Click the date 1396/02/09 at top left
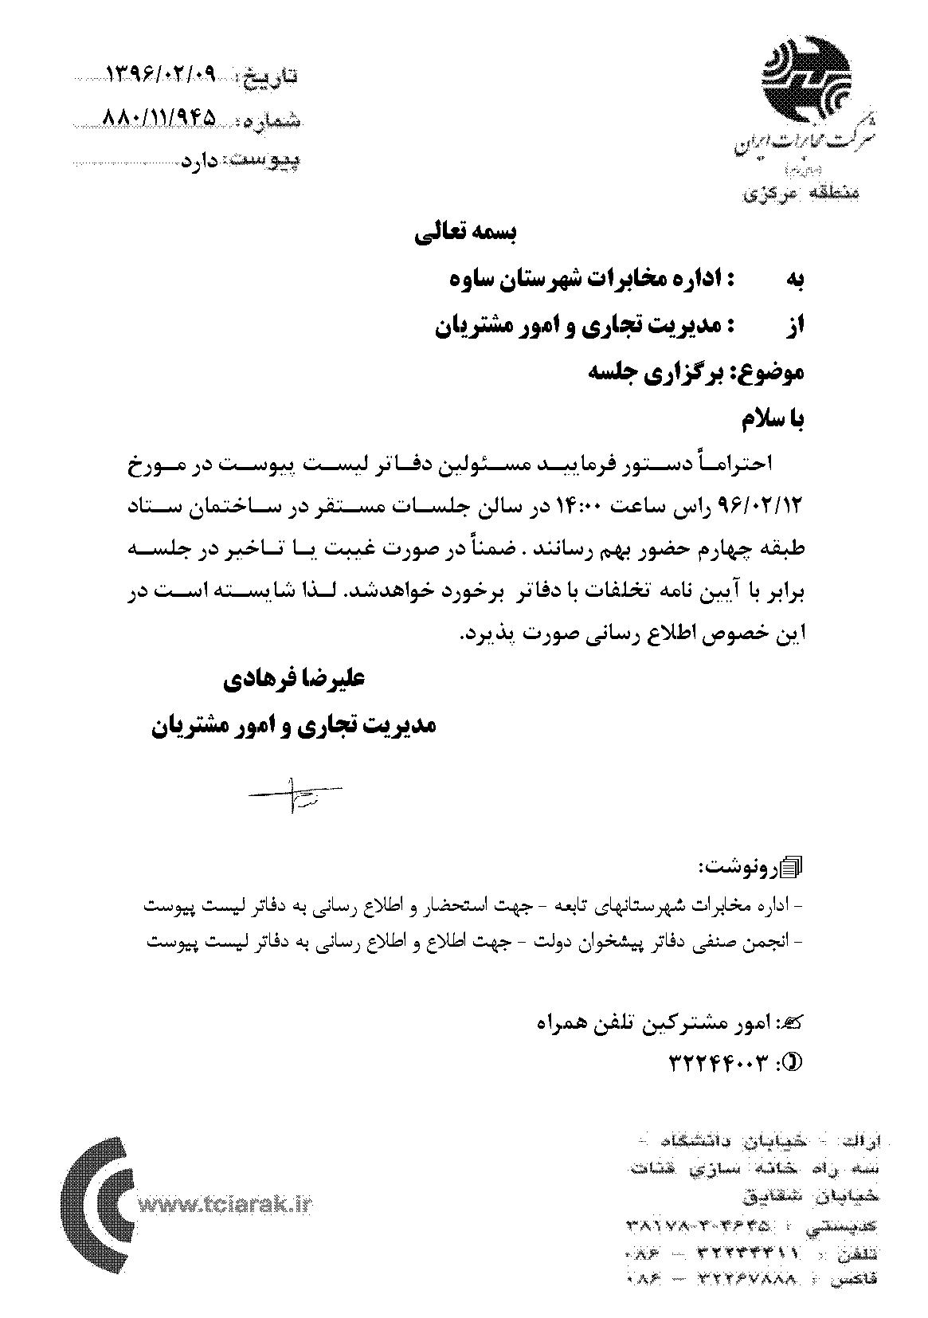coord(160,75)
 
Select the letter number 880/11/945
coord(160,119)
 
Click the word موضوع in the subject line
coord(776,371)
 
